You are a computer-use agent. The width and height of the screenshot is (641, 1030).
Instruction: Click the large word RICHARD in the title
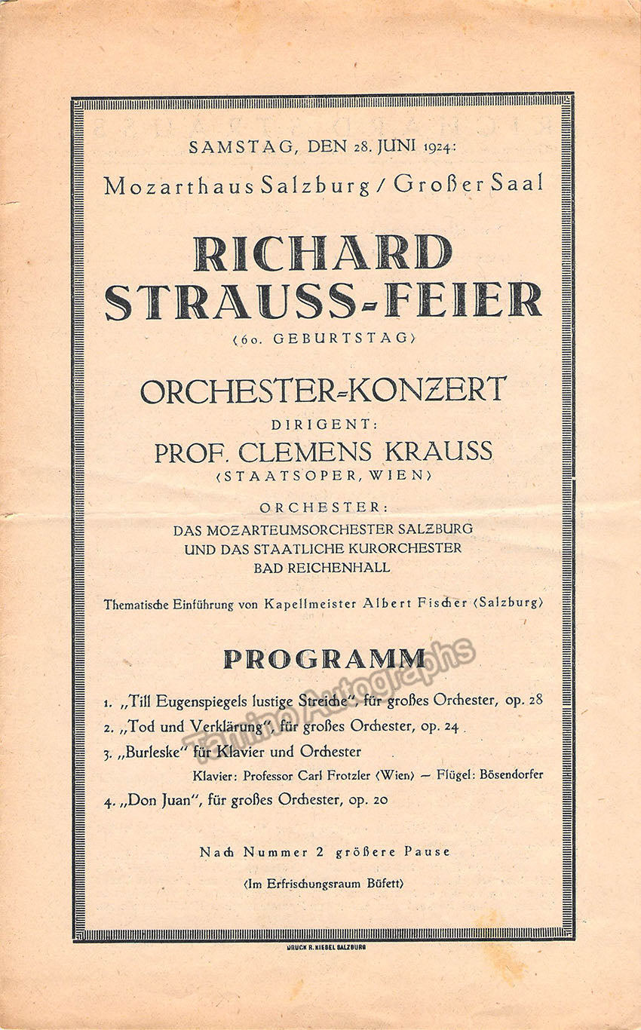tap(323, 253)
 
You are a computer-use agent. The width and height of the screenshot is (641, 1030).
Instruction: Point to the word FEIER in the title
tap(463, 299)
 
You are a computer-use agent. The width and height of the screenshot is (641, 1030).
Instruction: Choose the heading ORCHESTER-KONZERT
tap(323, 390)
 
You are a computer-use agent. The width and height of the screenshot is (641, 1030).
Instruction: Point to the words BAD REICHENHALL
tap(322, 568)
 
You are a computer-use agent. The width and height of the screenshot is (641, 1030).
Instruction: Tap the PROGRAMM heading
tap(324, 658)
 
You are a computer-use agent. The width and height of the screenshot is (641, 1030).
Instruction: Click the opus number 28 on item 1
tap(534, 700)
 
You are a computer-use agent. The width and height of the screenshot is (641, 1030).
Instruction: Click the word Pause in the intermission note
tap(426, 852)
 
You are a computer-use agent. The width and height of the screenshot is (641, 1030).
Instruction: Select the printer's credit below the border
tap(326, 946)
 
